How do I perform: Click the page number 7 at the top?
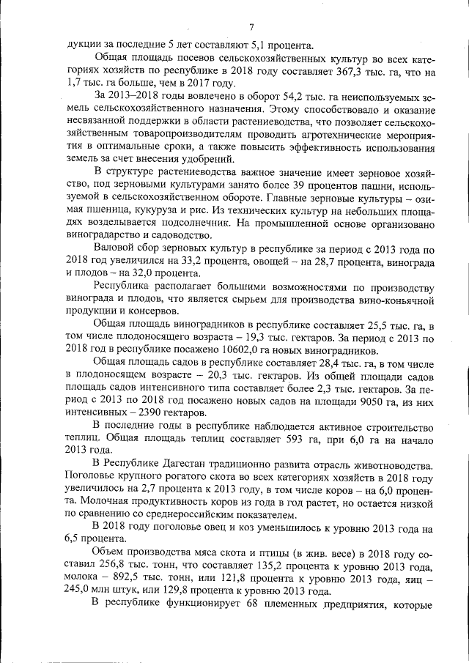click(x=251, y=27)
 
